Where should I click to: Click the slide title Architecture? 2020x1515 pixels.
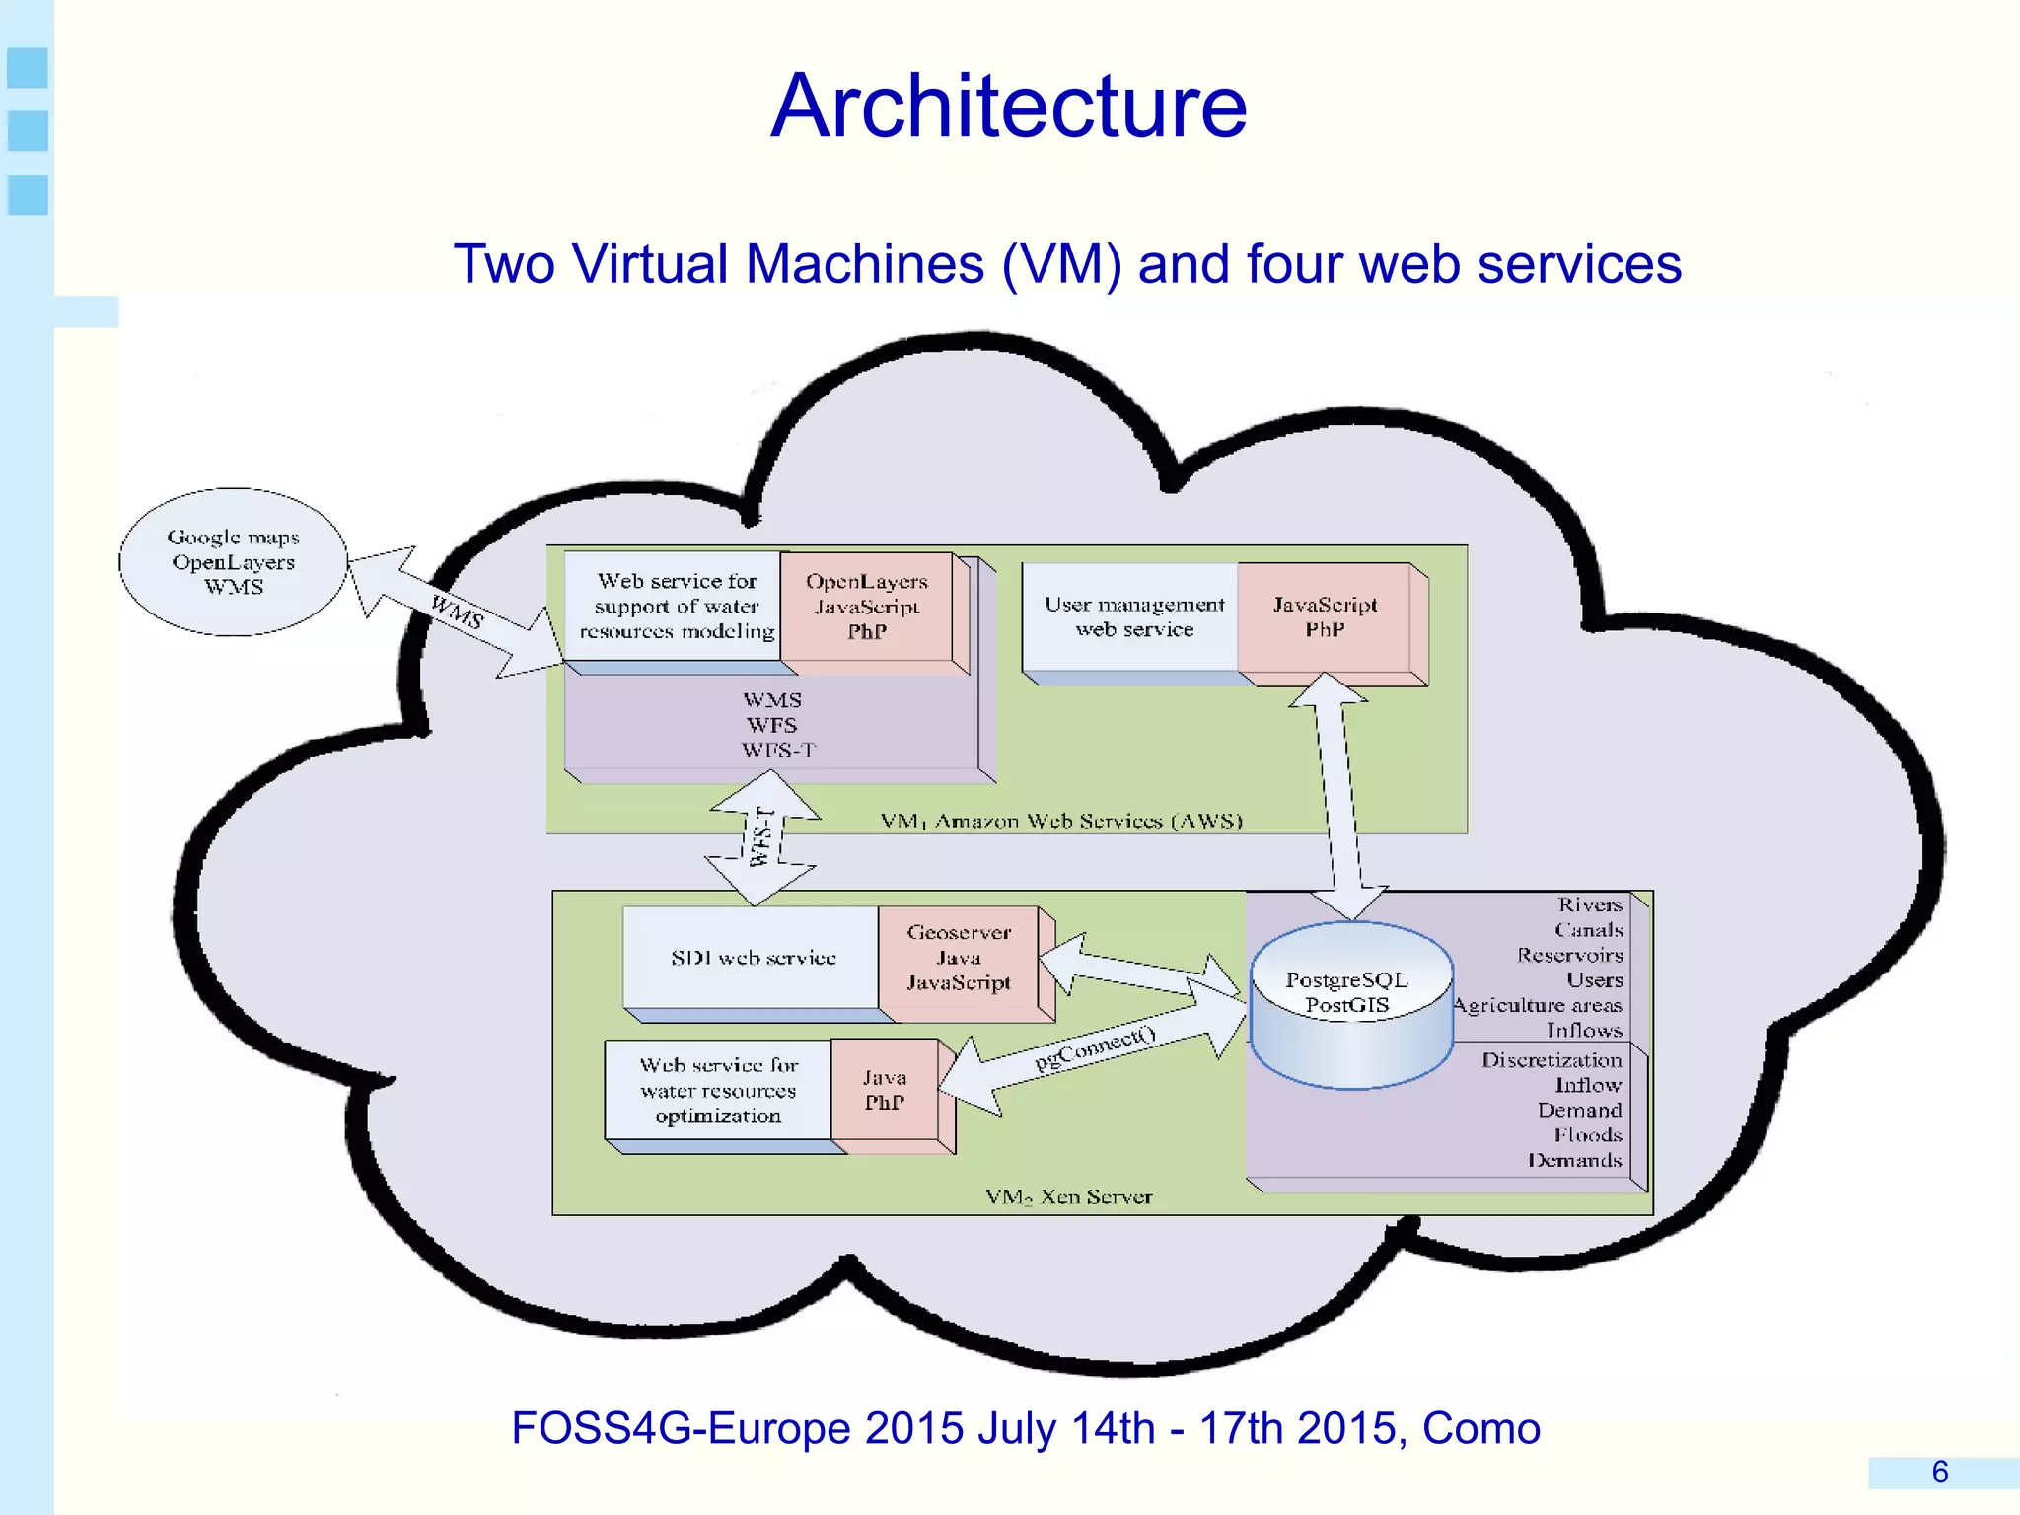[x=1008, y=107]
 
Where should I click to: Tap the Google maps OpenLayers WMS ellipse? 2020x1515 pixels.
[x=234, y=562]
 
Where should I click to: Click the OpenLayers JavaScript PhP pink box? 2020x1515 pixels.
[x=866, y=607]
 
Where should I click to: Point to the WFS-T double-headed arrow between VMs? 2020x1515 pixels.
[x=762, y=837]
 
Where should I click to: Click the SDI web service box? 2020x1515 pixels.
[x=753, y=958]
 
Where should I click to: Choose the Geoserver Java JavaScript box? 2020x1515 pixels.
[x=958, y=958]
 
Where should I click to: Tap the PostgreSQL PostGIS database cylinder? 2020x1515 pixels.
[x=1350, y=1006]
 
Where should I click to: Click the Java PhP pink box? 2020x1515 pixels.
[x=885, y=1090]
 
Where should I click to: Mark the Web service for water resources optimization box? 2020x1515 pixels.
[x=718, y=1091]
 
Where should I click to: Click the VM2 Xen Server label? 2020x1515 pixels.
[x=1069, y=1197]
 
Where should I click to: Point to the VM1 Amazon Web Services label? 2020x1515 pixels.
[x=1061, y=821]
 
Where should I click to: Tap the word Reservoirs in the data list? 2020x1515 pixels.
[x=1569, y=955]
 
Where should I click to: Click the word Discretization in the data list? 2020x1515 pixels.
[x=1551, y=1060]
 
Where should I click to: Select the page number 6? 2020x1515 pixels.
[x=1939, y=1473]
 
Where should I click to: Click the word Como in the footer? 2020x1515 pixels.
[x=1480, y=1428]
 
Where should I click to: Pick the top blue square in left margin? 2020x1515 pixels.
[x=28, y=68]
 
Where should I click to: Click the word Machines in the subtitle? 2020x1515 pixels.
[x=864, y=264]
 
